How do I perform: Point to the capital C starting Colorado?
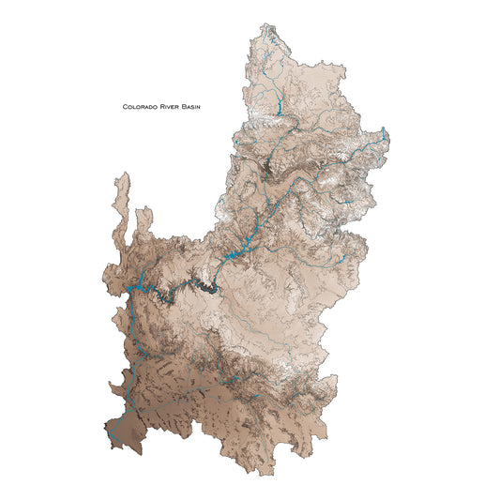125,107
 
